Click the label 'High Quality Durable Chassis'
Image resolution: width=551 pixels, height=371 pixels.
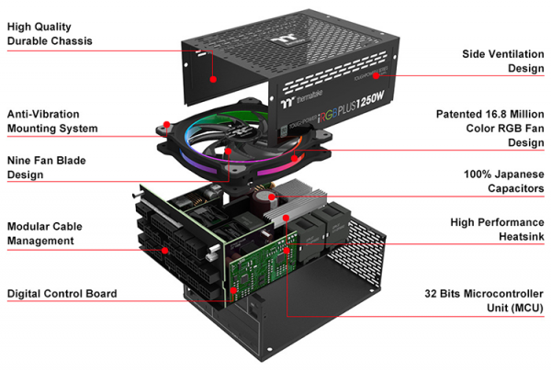(x=51, y=34)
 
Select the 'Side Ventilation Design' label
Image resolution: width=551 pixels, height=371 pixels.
(x=502, y=61)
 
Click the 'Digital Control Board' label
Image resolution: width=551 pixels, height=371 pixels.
(x=62, y=294)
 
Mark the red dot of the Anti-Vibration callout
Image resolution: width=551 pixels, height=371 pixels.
(x=165, y=123)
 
